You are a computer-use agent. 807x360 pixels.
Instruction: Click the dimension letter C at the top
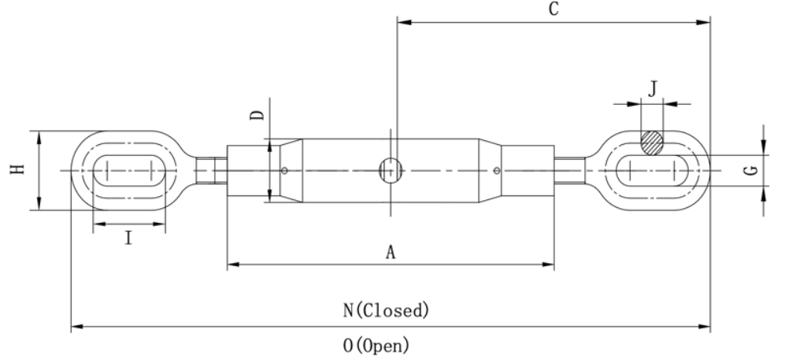pos(554,9)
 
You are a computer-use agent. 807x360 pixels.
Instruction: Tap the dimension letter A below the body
pos(390,252)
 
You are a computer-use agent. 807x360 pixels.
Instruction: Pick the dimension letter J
pos(652,88)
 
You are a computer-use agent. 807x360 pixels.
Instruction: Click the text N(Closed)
pos(387,310)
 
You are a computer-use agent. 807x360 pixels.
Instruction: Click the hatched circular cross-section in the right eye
pos(651,143)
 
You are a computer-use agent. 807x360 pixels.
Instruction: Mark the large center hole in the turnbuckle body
pos(391,169)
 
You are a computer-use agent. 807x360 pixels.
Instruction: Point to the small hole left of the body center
pos(285,169)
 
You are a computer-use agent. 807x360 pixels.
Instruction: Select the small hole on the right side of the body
pos(495,169)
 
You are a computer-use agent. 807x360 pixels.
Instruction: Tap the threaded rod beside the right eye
pos(568,169)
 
